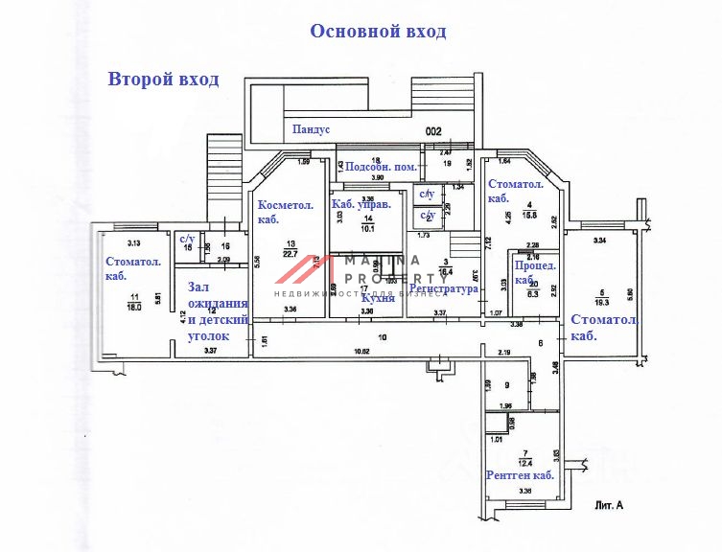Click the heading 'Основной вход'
[x=378, y=32]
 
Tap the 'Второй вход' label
[x=163, y=79]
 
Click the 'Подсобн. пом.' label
[x=381, y=167]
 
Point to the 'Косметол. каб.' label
[x=282, y=212]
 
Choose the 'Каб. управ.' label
[x=362, y=205]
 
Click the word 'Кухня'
[x=379, y=298]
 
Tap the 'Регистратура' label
[x=443, y=287]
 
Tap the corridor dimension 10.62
[x=362, y=352]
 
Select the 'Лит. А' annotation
[x=611, y=503]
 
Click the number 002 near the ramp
[x=433, y=130]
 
